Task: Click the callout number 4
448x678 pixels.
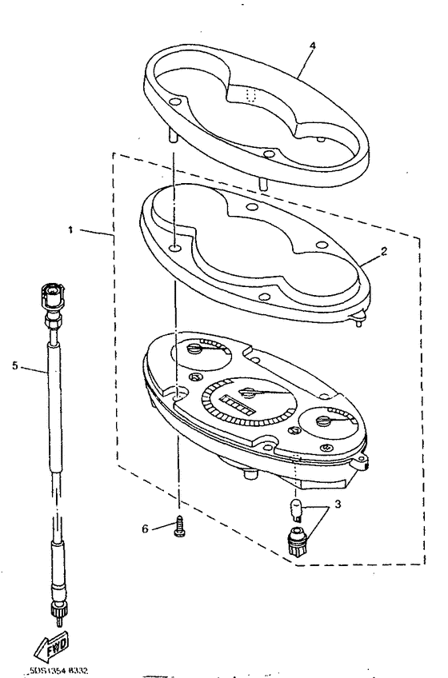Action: click(x=312, y=46)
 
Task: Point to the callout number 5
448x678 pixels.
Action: click(x=15, y=367)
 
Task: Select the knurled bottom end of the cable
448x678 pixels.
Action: click(x=58, y=612)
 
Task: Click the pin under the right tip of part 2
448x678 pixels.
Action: click(x=357, y=320)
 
